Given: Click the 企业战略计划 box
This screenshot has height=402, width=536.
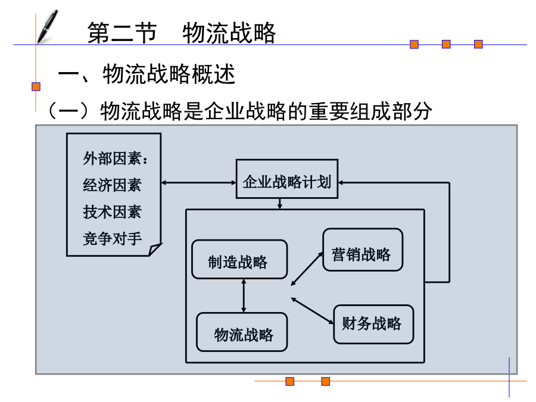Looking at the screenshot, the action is [287, 179].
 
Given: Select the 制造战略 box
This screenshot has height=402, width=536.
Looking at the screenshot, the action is [239, 259].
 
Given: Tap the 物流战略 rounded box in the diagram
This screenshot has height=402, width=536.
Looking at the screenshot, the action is [242, 332].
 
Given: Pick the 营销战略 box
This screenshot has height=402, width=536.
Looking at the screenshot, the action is [363, 250].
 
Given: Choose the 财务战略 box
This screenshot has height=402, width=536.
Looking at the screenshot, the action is [373, 324].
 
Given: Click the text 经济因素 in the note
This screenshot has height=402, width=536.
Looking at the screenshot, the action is [112, 185].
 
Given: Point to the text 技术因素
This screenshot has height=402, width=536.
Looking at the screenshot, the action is [112, 212].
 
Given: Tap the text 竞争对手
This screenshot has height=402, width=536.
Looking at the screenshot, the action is [112, 239].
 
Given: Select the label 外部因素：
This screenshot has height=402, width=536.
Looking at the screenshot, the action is [116, 158].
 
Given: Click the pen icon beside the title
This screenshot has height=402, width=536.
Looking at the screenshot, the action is [48, 27].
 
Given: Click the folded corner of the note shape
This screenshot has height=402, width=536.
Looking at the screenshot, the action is [154, 249].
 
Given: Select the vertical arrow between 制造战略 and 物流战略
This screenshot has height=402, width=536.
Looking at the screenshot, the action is [244, 295].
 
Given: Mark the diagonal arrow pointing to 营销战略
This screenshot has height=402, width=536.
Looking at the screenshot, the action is [307, 269].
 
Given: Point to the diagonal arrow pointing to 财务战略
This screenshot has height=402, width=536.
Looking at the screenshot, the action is [312, 311].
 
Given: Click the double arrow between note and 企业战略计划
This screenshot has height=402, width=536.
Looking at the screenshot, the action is [198, 183].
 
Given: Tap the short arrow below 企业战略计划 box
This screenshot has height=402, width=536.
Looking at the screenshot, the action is [280, 204].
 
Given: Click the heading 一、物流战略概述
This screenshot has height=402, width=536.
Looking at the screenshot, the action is [147, 74].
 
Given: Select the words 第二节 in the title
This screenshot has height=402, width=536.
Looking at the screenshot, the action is [122, 33].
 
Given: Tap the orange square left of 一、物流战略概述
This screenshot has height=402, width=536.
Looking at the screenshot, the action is [36, 86].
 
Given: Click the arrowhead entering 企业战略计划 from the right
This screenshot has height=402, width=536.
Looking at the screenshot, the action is [341, 183].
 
